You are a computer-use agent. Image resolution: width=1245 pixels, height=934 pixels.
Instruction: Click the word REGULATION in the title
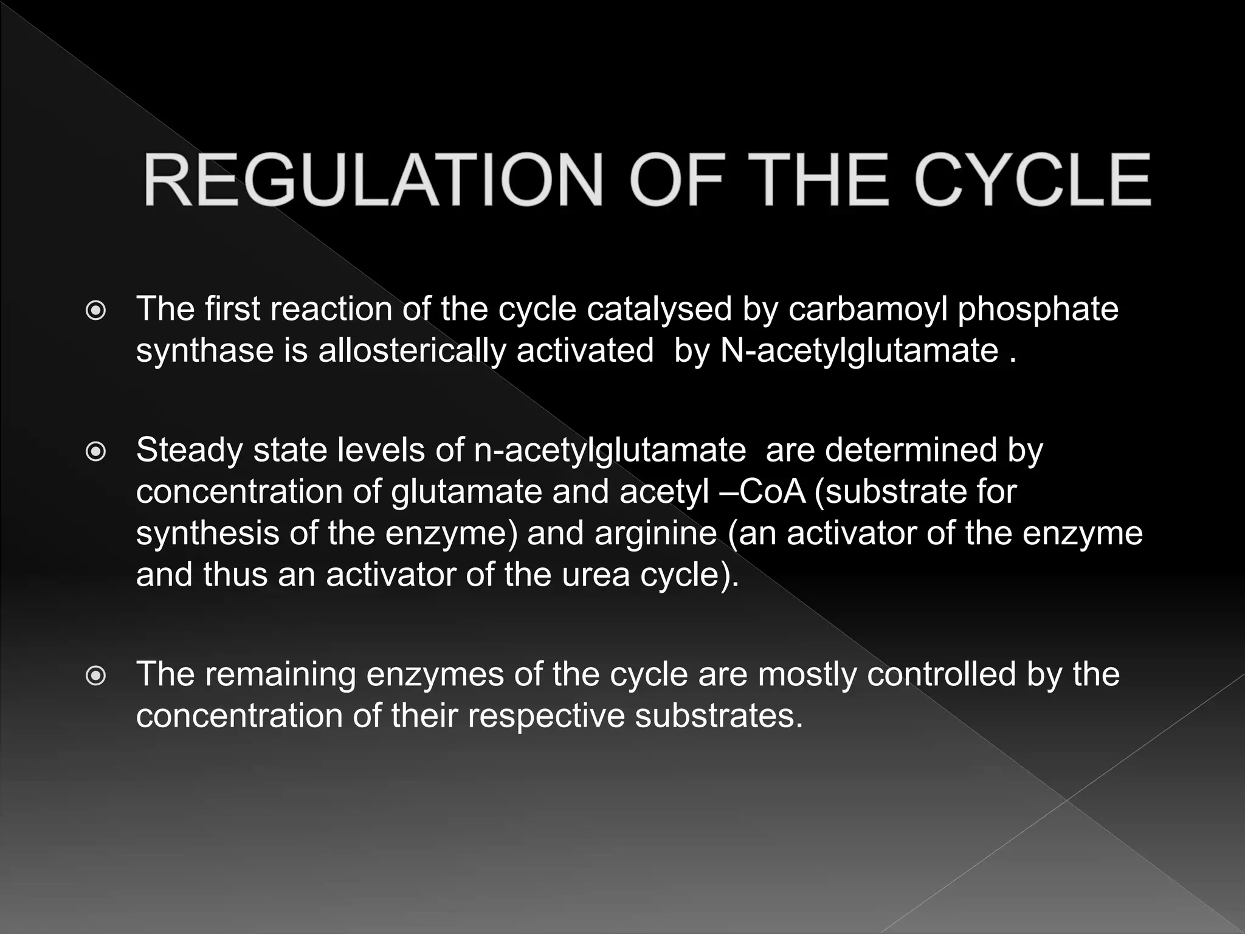[372, 181]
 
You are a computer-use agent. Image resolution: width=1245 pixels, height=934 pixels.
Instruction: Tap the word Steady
[189, 451]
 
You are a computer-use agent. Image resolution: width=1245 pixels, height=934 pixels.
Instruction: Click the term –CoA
[762, 491]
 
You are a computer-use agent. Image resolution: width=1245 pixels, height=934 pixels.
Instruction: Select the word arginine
[655, 534]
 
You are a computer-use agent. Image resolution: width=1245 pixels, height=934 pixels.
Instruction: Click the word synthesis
[207, 534]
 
